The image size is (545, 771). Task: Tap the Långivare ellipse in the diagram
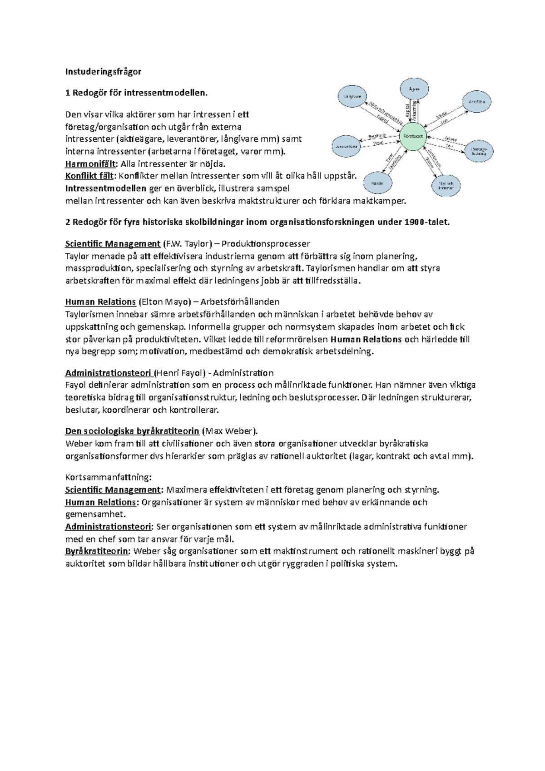pyautogui.click(x=352, y=96)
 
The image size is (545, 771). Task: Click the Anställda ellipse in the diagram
pyautogui.click(x=477, y=102)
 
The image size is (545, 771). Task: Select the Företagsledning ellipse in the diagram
pyautogui.click(x=479, y=152)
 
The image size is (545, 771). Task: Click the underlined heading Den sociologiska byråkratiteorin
pyautogui.click(x=132, y=431)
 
